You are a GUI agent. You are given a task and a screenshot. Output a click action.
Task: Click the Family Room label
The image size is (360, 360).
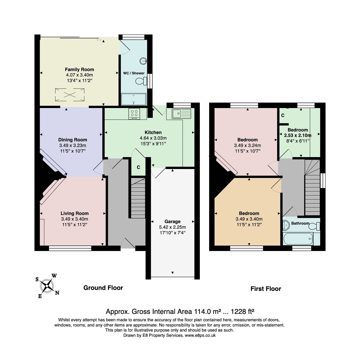click(x=79, y=69)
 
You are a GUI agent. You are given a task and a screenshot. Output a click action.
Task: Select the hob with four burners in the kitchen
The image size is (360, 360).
click(x=135, y=114)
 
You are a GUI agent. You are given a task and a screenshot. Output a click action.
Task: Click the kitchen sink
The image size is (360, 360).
click(x=182, y=114)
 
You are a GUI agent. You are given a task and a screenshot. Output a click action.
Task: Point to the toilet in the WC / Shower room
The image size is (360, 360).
click(x=141, y=81)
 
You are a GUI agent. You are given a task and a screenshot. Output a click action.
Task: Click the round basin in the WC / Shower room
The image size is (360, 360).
click(x=143, y=60)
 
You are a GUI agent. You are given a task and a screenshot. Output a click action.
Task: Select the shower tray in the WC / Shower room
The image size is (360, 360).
click(x=134, y=99)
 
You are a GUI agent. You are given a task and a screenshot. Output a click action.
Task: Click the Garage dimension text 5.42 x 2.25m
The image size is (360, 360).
click(x=172, y=227)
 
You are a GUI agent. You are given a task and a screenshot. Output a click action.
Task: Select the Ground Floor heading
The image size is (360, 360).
click(x=103, y=288)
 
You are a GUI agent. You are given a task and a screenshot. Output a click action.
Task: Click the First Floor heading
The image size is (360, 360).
click(x=266, y=289)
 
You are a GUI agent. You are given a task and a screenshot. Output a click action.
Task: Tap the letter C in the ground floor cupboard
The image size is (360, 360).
click(x=138, y=167)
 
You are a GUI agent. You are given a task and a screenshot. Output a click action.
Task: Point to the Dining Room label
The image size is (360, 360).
click(x=73, y=140)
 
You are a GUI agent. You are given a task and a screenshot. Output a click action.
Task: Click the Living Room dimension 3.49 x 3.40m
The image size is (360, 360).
click(x=74, y=219)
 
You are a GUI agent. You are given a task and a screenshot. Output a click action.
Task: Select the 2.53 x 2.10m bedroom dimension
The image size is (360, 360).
click(x=297, y=135)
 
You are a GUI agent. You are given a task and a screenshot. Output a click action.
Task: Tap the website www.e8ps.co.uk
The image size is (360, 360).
click(x=200, y=335)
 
